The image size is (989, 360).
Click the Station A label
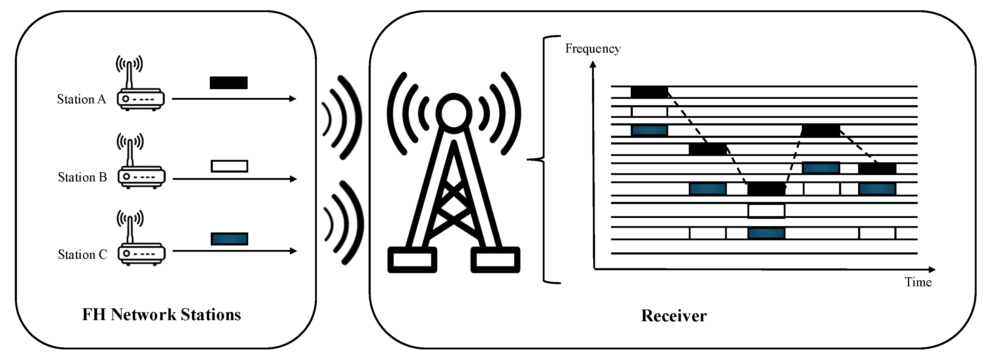click(81, 99)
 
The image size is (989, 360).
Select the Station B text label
click(82, 177)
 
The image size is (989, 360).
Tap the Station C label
click(82, 255)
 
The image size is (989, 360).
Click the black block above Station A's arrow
click(229, 83)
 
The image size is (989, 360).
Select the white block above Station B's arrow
click(229, 166)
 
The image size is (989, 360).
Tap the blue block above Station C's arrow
click(229, 239)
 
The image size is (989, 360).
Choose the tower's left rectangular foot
click(412, 260)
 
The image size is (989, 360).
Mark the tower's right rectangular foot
click(495, 260)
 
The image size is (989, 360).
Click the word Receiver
click(673, 316)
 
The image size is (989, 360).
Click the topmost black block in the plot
click(649, 92)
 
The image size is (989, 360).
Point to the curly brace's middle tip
click(528, 159)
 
